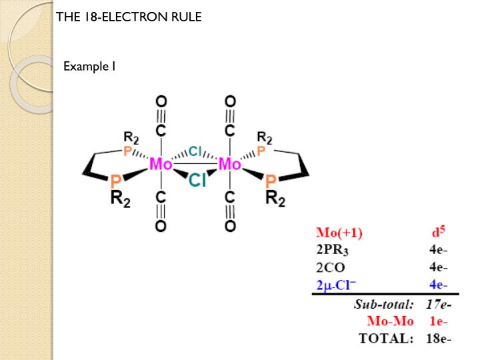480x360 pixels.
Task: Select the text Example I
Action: [90, 66]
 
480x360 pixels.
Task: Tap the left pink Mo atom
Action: [161, 163]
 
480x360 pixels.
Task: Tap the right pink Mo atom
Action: [230, 163]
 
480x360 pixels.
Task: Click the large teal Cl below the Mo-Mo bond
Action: [197, 180]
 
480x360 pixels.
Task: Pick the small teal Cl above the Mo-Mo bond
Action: [195, 151]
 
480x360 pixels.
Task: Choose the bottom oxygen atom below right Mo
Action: [230, 227]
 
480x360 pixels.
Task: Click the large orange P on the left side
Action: [116, 181]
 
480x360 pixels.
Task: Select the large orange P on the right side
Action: [271, 181]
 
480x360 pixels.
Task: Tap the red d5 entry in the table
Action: [438, 233]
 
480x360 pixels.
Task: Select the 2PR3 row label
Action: [332, 251]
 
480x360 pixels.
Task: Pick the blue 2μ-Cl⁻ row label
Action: [337, 285]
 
